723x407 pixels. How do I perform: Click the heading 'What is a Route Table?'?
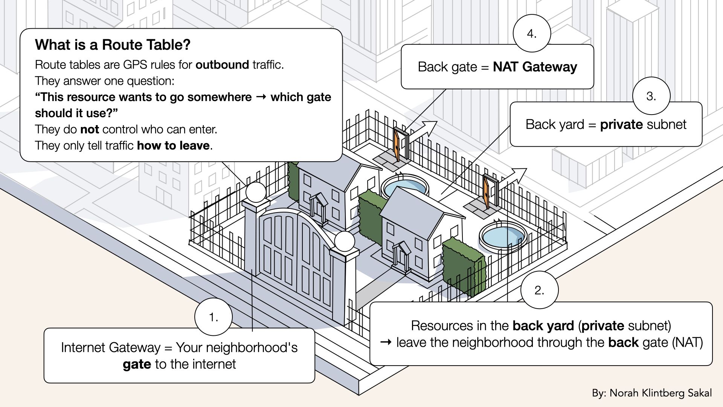pos(113,45)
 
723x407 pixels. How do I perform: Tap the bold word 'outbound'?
pos(222,65)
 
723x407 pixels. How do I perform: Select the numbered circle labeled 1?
pos(214,317)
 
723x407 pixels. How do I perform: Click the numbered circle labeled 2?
pos(539,290)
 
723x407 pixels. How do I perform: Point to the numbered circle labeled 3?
pos(651,96)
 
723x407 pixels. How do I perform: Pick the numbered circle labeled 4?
pos(532,34)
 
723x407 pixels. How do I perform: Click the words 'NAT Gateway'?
pos(535,67)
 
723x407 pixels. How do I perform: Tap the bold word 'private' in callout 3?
pos(621,124)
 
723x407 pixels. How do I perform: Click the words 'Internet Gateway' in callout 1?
pos(111,347)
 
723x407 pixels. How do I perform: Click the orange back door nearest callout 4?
pos(397,144)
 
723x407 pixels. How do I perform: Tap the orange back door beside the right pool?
pos(486,193)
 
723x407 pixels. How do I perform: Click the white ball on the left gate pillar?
pos(256,192)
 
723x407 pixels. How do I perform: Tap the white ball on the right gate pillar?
pos(344,242)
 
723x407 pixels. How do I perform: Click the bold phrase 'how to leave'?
pos(173,146)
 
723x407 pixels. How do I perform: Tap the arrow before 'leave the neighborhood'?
pos(386,343)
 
